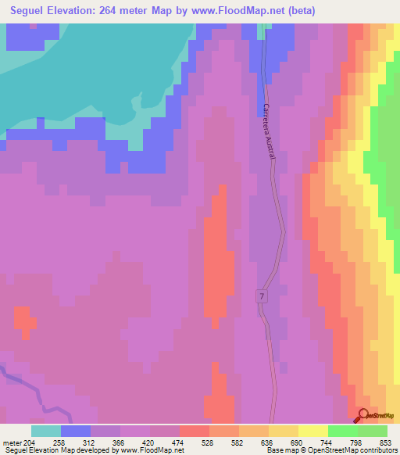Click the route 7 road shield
point(261,296)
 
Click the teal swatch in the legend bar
point(46,431)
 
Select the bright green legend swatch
point(343,431)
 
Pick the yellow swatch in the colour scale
point(313,431)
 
